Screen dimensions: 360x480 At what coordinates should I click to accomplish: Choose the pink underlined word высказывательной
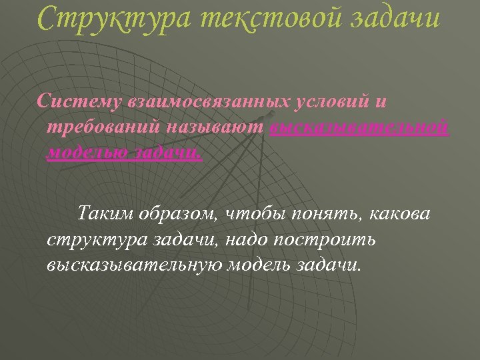pyautogui.click(x=360, y=127)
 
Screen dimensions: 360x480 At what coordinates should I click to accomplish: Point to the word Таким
pyautogui.click(x=106, y=214)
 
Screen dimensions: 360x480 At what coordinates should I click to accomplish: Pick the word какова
pyautogui.click(x=400, y=214)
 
